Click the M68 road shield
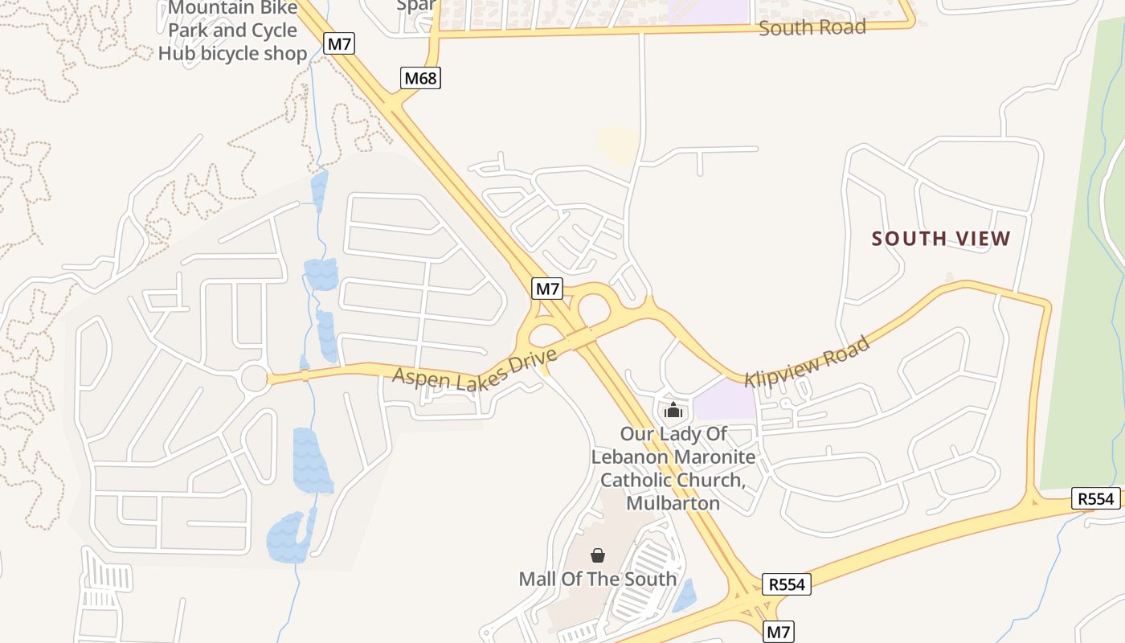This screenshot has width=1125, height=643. (x=421, y=78)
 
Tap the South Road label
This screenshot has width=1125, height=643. (x=812, y=27)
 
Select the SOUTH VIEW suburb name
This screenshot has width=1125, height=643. (x=940, y=239)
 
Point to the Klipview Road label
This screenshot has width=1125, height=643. (x=807, y=362)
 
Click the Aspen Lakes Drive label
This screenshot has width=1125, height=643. (x=474, y=371)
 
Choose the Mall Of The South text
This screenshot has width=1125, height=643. (x=597, y=579)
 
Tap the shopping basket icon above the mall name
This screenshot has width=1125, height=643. (x=598, y=555)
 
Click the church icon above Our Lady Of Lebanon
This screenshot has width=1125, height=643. (x=673, y=411)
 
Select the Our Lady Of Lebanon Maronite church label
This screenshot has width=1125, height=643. (x=673, y=469)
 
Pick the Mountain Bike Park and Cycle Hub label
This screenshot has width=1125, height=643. (x=232, y=31)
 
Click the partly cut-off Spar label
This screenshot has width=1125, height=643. (x=416, y=5)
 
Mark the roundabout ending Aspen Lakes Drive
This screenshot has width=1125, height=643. (x=255, y=379)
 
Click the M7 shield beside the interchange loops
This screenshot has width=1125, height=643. (x=547, y=289)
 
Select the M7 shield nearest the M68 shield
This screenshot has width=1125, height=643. (x=339, y=43)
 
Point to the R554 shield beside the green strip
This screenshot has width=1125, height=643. (x=1095, y=499)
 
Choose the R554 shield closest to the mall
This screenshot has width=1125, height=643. (x=786, y=584)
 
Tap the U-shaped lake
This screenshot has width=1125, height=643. (x=288, y=537)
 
